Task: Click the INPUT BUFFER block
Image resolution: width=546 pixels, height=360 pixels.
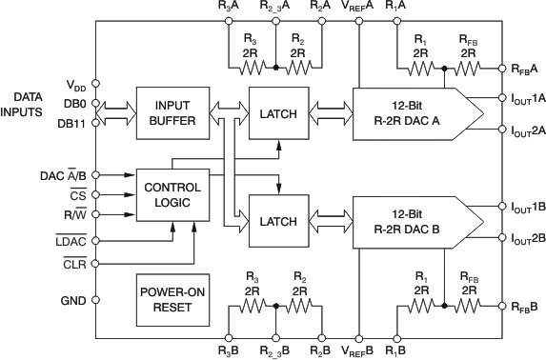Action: click(172, 113)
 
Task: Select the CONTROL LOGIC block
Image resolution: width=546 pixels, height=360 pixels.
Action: click(172, 194)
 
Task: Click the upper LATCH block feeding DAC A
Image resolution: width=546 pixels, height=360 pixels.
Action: click(278, 113)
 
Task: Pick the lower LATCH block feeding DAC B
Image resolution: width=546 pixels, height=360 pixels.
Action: click(278, 221)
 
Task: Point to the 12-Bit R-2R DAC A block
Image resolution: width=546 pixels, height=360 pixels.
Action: click(415, 114)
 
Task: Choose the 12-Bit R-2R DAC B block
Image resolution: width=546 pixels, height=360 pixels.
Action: click(415, 221)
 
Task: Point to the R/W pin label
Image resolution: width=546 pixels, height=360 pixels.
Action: click(75, 216)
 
